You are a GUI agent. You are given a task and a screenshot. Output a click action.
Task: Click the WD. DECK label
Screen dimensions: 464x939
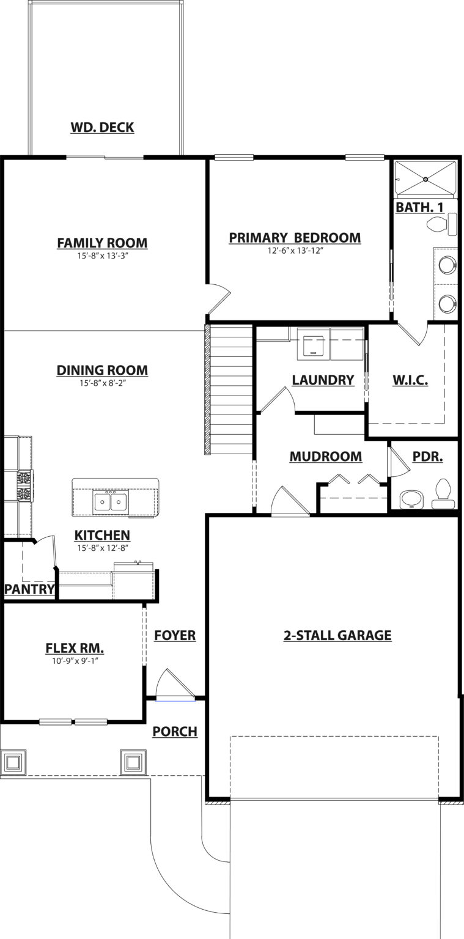click(x=102, y=127)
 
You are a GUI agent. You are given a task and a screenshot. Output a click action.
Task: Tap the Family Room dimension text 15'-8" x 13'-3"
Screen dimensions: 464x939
click(x=102, y=256)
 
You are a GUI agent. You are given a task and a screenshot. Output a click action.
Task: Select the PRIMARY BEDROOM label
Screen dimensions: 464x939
click(x=295, y=238)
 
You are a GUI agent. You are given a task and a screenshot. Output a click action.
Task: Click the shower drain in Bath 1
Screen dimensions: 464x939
click(x=425, y=179)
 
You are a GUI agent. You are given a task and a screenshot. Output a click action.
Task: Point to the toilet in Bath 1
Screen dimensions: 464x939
click(x=442, y=224)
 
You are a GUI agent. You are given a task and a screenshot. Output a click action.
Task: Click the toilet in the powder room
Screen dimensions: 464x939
click(x=443, y=494)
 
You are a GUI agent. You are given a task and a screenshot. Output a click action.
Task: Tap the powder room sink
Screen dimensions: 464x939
click(x=411, y=499)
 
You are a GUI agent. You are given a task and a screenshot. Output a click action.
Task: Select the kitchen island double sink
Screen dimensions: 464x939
click(x=111, y=501)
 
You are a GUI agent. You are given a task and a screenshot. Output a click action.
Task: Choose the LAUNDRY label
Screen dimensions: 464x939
click(x=323, y=380)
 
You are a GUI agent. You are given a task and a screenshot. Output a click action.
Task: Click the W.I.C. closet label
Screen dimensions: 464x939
click(x=410, y=380)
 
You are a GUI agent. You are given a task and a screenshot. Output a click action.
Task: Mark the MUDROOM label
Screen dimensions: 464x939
click(x=326, y=457)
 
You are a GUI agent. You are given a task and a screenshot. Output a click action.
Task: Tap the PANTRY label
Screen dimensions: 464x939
click(x=29, y=589)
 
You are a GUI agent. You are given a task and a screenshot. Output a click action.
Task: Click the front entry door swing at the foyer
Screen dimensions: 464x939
click(x=175, y=684)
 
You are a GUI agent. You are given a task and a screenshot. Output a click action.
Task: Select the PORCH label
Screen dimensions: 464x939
click(x=175, y=732)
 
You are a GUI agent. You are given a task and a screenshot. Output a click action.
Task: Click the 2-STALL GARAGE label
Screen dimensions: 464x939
click(x=337, y=635)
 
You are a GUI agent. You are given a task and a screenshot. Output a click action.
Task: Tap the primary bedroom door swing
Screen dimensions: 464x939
click(x=218, y=300)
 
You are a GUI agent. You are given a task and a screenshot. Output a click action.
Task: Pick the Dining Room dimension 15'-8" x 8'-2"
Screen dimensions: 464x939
click(x=102, y=383)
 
